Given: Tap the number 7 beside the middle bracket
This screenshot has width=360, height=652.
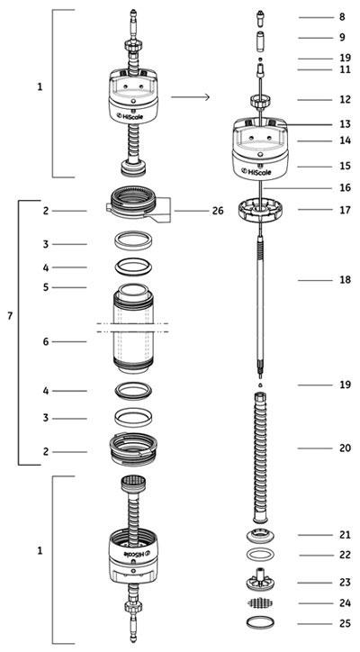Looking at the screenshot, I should pos(9,318).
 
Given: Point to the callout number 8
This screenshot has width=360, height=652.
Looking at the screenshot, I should pos(342,17).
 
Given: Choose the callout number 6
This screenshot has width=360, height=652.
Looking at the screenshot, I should pos(44,342).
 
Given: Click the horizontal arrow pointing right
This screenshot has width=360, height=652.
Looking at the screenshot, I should pos(191,96).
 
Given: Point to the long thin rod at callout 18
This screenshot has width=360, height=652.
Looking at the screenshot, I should pos(259,297).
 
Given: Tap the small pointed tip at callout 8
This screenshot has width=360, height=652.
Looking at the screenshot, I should pos(259,16).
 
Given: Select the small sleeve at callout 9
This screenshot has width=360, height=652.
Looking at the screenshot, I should pos(259,40).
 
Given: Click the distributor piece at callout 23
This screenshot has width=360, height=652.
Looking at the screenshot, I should pos(259,580).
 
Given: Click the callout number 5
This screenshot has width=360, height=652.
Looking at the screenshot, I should pos(44,287).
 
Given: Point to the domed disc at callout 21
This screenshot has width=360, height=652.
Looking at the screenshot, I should pos(259,537).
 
